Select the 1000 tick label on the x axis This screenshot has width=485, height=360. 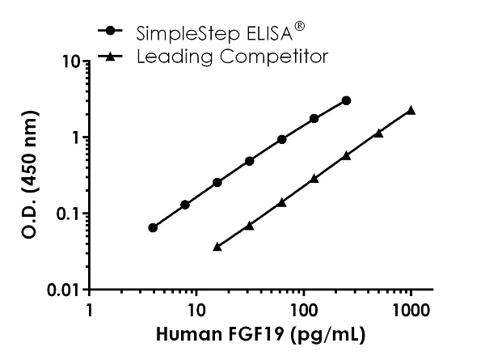pyautogui.click(x=411, y=311)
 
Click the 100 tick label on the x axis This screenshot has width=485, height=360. pyautogui.click(x=303, y=311)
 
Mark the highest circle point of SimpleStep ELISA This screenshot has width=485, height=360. pyautogui.click(x=346, y=100)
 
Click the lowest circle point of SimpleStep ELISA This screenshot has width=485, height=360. pyautogui.click(x=153, y=227)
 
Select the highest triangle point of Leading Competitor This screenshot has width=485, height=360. pyautogui.click(x=411, y=110)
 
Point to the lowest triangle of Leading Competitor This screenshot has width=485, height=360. pyautogui.click(x=217, y=246)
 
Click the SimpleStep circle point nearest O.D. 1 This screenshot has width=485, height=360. pyautogui.click(x=281, y=139)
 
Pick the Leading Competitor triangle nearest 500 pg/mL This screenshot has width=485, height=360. pyautogui.click(x=378, y=133)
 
